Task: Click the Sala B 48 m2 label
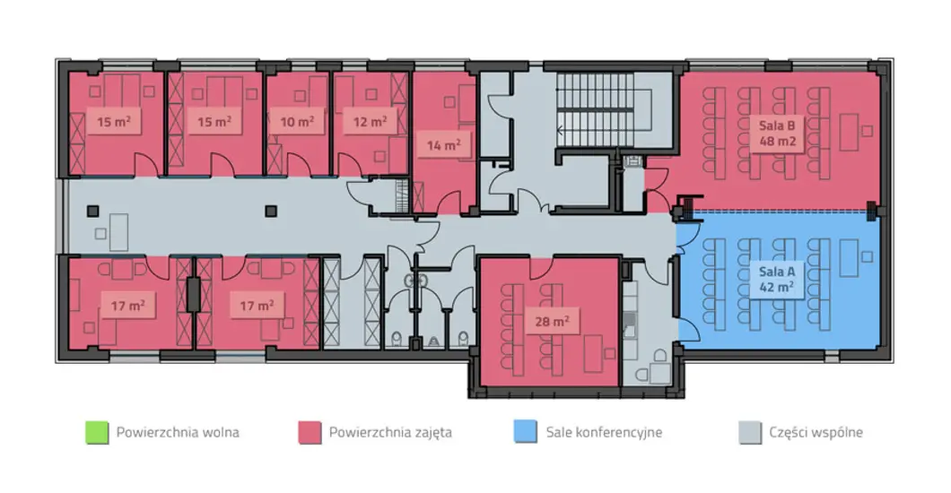pos(777,134)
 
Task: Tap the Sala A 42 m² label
pos(777,279)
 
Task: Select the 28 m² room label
pos(552,321)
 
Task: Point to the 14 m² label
pos(443,145)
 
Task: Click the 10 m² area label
pos(297,121)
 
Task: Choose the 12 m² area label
pos(370,121)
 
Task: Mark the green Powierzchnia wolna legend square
pos(97,432)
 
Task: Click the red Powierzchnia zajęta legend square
pos(310,432)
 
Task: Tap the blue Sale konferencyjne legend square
pos(525,432)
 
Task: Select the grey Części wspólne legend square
pos(750,432)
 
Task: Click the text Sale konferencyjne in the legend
pos(604,432)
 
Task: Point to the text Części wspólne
pos(816,432)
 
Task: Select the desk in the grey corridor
pos(118,232)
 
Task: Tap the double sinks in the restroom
pos(416,280)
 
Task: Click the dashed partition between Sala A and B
pos(780,211)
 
